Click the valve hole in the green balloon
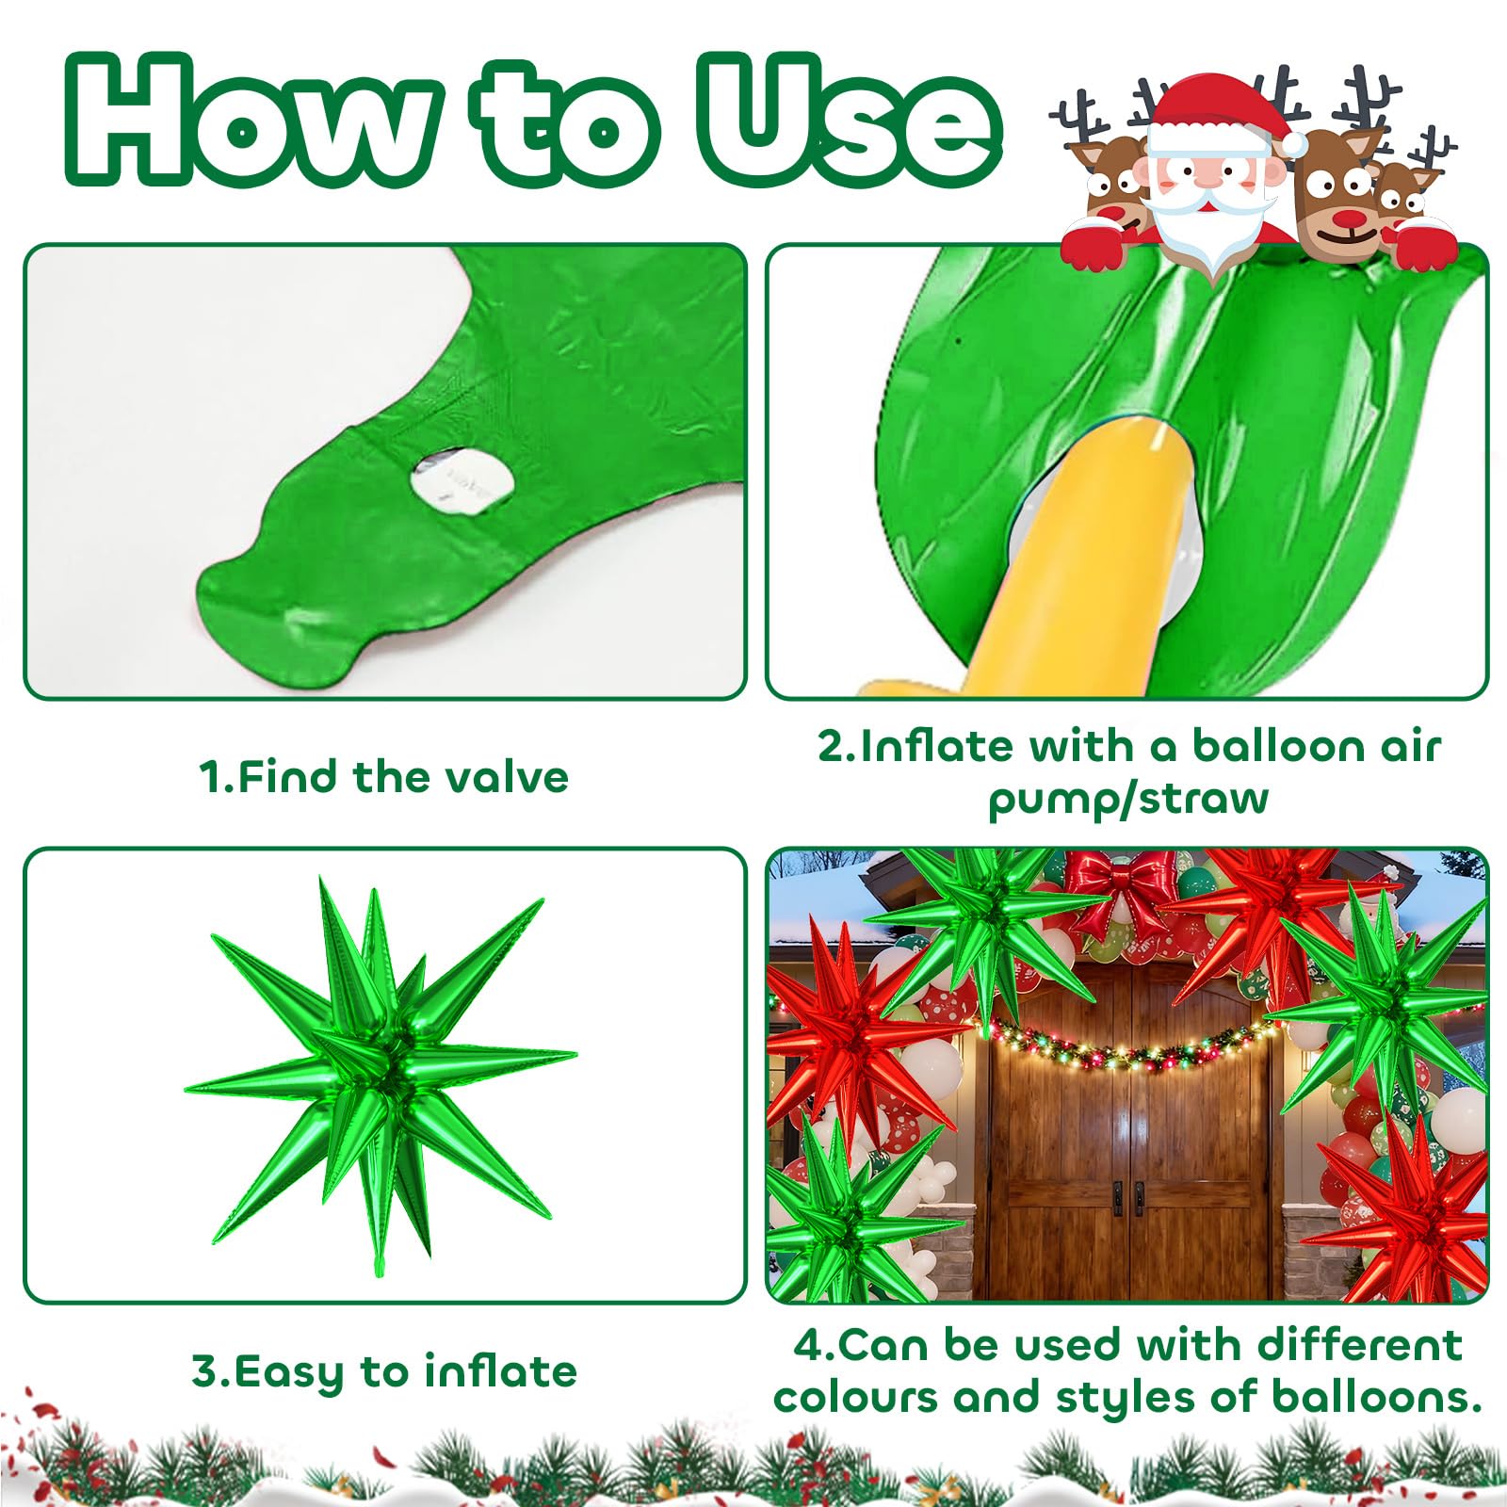tap(462, 480)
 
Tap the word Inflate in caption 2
tap(937, 746)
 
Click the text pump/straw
tap(1128, 800)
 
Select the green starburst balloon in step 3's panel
tap(381, 1074)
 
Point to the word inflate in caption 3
tap(500, 1371)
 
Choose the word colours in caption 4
tap(855, 1397)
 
